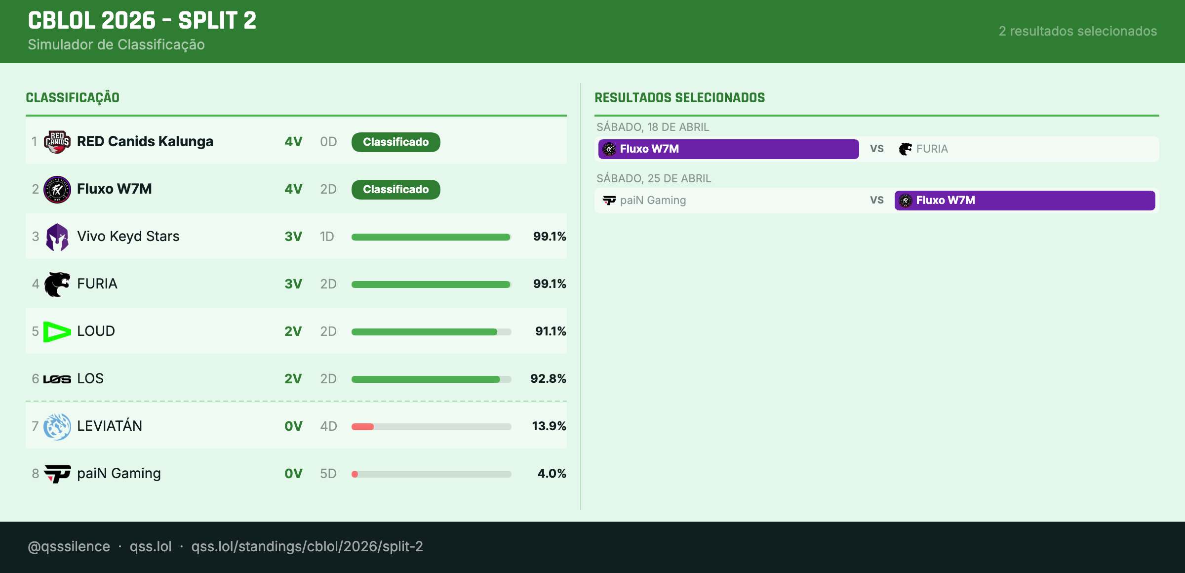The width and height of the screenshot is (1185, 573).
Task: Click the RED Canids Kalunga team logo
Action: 57,142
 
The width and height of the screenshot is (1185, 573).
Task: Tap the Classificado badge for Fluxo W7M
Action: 395,190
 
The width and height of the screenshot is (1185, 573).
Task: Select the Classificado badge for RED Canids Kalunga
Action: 395,142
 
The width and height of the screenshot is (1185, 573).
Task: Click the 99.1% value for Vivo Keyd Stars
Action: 549,237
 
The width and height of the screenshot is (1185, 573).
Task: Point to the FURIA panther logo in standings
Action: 57,284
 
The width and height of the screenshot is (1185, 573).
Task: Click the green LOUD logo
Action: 57,331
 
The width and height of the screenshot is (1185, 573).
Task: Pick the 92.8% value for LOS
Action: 548,379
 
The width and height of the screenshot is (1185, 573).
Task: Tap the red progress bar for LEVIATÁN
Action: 362,427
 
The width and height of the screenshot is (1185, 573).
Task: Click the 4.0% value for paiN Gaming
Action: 552,474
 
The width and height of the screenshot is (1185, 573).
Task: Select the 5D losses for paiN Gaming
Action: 328,474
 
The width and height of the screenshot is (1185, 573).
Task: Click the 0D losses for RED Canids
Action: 328,142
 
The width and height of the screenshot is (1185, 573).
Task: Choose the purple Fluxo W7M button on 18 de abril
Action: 728,149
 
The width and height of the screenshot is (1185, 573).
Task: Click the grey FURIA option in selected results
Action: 931,149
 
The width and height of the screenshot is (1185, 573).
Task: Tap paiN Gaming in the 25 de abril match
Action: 652,201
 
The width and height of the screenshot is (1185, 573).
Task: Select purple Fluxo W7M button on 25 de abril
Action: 1024,201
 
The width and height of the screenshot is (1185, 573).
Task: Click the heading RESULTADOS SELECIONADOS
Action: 679,98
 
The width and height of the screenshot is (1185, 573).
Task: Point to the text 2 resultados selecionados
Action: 1077,31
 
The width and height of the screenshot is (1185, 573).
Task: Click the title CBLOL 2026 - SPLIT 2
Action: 142,21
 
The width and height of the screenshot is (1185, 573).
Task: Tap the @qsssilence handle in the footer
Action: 69,546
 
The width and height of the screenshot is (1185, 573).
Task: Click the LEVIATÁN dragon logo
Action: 57,426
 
